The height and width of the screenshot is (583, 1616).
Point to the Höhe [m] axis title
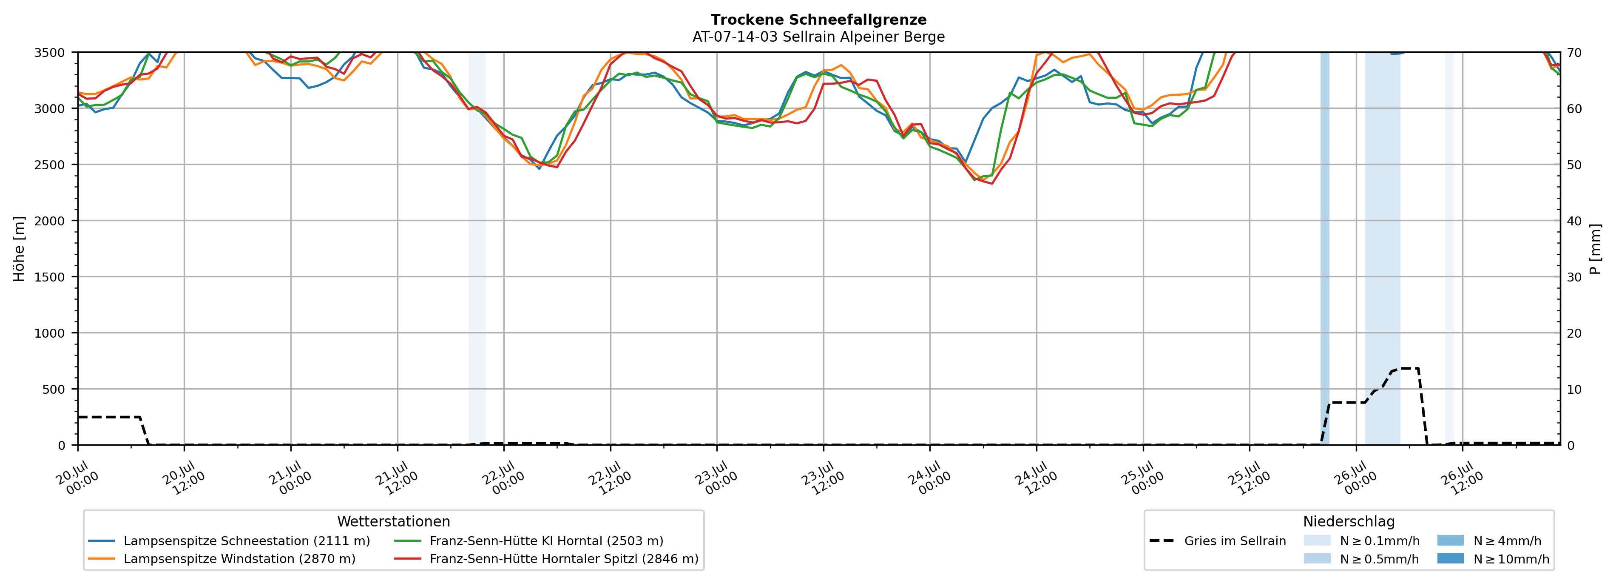click(x=20, y=248)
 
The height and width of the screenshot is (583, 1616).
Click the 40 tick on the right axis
click(x=1575, y=221)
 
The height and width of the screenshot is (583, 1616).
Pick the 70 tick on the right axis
click(x=1575, y=53)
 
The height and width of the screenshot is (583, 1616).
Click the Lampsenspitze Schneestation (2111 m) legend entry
click(x=230, y=541)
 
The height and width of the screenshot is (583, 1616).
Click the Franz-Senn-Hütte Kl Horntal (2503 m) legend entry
click(x=529, y=541)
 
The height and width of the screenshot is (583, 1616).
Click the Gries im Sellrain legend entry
click(x=1218, y=541)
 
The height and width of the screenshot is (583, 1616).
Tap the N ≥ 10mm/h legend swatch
click(x=1450, y=558)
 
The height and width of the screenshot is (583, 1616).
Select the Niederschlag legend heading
click(x=1349, y=521)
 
